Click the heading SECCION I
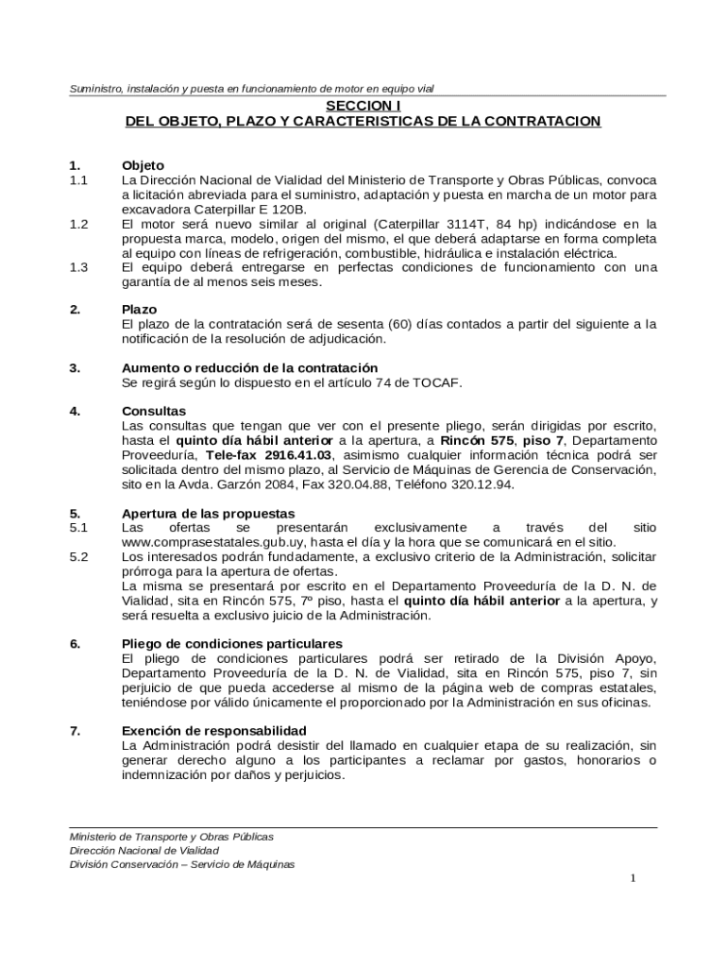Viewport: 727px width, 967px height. pos(363,106)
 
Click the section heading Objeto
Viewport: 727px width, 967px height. pos(143,165)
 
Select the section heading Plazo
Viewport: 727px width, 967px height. pos(139,310)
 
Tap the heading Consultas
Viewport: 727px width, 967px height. pos(154,411)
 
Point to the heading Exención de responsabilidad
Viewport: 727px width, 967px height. pos(213,731)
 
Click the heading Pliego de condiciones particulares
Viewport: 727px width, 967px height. pos(225,644)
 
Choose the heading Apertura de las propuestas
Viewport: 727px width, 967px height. pos(209,513)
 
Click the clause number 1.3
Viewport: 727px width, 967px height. pos(78,267)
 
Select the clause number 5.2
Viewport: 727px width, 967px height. pos(78,557)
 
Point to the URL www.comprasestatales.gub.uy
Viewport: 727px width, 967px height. pos(215,543)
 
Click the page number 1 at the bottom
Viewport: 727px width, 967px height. pos(634,879)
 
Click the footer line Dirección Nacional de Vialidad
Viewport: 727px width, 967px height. pos(138,850)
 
